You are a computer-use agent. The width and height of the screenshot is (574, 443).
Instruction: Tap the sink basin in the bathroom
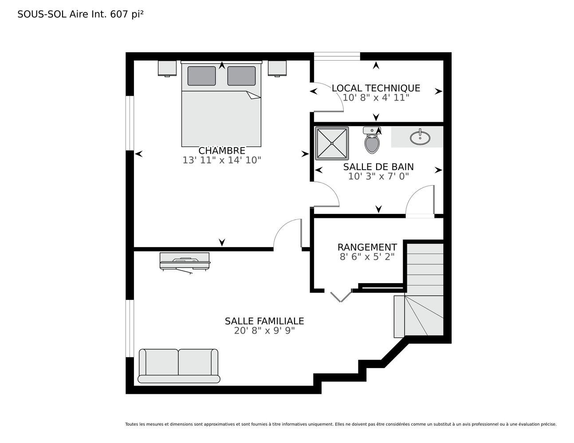pyautogui.click(x=420, y=137)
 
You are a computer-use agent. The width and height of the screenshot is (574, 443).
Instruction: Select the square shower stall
pyautogui.click(x=332, y=144)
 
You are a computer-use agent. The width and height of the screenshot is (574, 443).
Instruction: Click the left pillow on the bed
pyautogui.click(x=201, y=76)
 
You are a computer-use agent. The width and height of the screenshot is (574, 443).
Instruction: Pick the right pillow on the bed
pyautogui.click(x=241, y=76)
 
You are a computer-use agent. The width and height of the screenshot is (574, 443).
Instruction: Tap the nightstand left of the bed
pyautogui.click(x=167, y=69)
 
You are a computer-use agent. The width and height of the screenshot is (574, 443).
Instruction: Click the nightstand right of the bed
pyautogui.click(x=277, y=69)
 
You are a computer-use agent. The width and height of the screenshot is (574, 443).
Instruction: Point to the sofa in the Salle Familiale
pyautogui.click(x=179, y=366)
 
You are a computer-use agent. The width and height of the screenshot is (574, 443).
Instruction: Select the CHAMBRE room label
pyautogui.click(x=222, y=151)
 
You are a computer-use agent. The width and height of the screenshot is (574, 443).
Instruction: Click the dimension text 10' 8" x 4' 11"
pyautogui.click(x=376, y=97)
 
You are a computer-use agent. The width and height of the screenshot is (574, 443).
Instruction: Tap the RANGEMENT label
pyautogui.click(x=367, y=247)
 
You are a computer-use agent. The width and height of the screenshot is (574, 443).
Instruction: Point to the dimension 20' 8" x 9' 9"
pyautogui.click(x=264, y=330)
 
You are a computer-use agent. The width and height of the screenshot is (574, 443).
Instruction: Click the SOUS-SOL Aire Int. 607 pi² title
pyautogui.click(x=81, y=14)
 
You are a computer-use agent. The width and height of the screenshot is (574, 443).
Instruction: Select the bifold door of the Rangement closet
pyautogui.click(x=341, y=296)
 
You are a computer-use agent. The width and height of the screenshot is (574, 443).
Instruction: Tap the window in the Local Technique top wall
pyautogui.click(x=337, y=56)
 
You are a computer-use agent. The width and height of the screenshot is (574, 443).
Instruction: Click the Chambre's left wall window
pyautogui.click(x=130, y=123)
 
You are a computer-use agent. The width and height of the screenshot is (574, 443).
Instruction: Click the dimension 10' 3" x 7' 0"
pyautogui.click(x=378, y=176)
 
